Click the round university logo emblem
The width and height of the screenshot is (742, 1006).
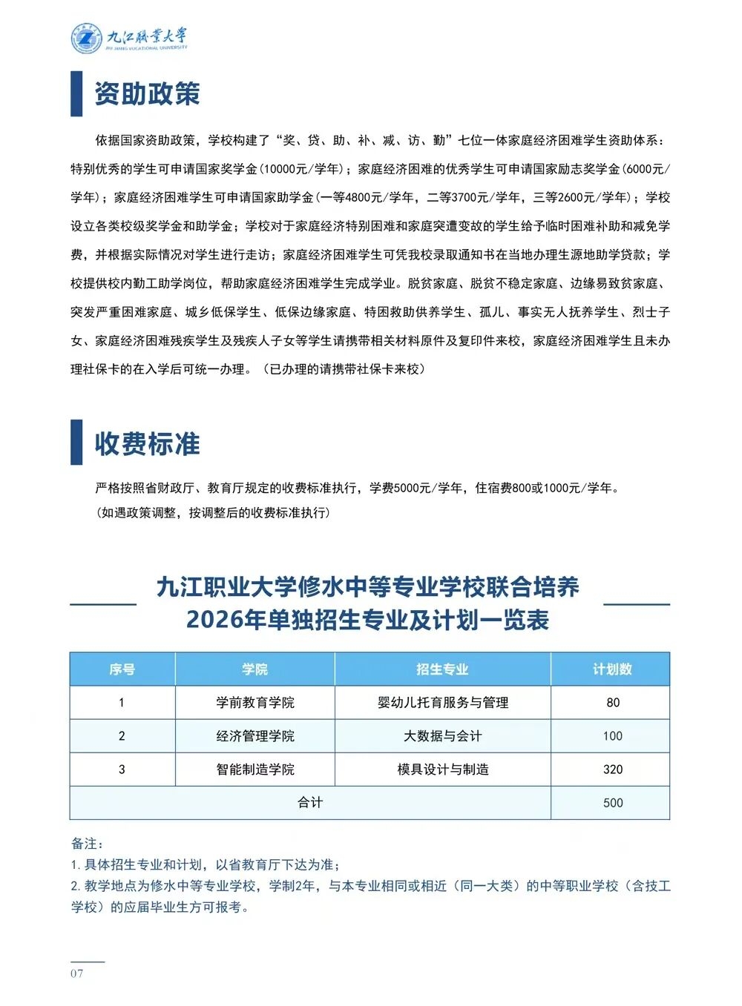click(86, 38)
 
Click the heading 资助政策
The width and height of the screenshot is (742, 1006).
click(147, 94)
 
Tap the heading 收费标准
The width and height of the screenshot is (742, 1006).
click(147, 443)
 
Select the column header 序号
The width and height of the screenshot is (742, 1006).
click(122, 669)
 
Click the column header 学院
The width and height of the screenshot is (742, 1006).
click(255, 669)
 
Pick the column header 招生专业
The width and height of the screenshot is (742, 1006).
click(442, 669)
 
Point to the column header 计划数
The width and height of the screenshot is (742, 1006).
click(611, 669)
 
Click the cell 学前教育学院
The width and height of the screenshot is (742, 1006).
click(255, 703)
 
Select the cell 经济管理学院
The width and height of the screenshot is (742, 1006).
click(255, 736)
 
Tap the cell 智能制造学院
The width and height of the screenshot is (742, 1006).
click(255, 770)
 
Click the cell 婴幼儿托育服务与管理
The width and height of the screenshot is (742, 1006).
click(442, 703)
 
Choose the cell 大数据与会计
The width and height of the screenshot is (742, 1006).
click(442, 736)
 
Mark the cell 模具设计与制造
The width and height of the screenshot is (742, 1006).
click(442, 770)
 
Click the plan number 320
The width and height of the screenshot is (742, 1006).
click(612, 770)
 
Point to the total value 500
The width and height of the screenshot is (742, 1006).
click(612, 803)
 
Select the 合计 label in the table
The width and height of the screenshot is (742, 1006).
click(309, 803)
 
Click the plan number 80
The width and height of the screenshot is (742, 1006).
click(612, 703)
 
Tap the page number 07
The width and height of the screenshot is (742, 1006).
click(77, 973)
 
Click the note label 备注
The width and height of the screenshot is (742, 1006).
click(87, 844)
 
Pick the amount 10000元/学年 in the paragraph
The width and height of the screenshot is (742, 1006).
click(302, 169)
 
